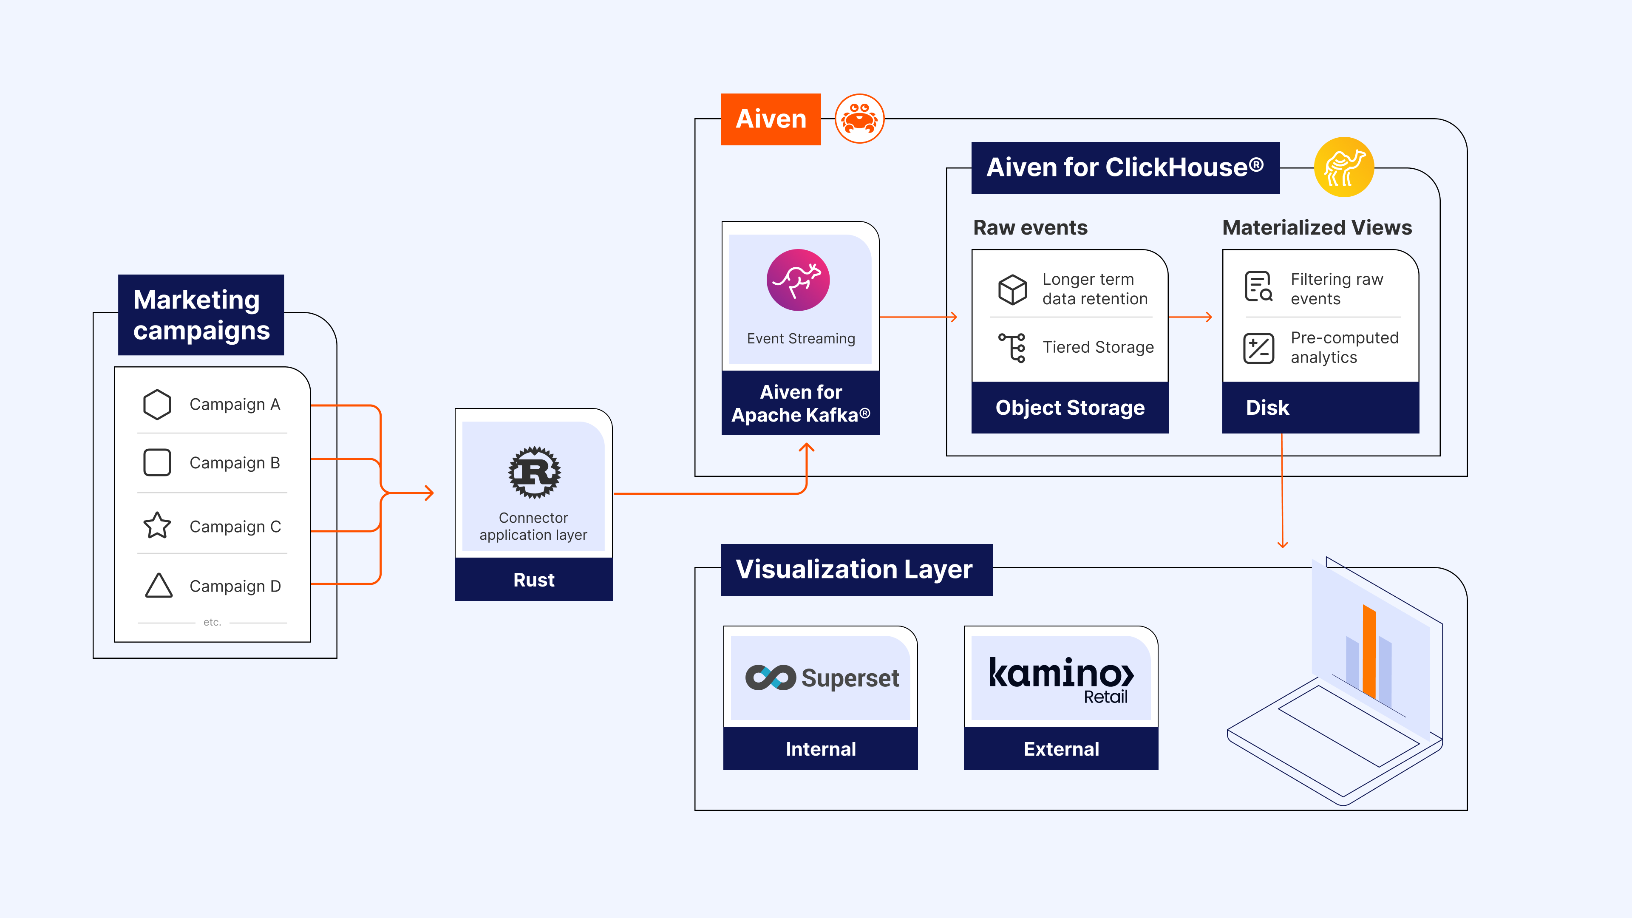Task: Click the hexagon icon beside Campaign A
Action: pos(157,404)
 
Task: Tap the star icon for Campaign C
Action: pos(157,525)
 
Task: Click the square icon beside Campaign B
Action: pos(157,462)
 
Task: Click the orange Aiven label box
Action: pos(771,119)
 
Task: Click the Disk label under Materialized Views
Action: pos(1267,408)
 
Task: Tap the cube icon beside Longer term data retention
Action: pos(1012,289)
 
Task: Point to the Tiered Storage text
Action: pos(1098,347)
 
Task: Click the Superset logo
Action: pos(821,678)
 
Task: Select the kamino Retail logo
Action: pos(1061,679)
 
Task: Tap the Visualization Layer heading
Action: pos(855,569)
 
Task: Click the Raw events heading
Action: pos(1030,227)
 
